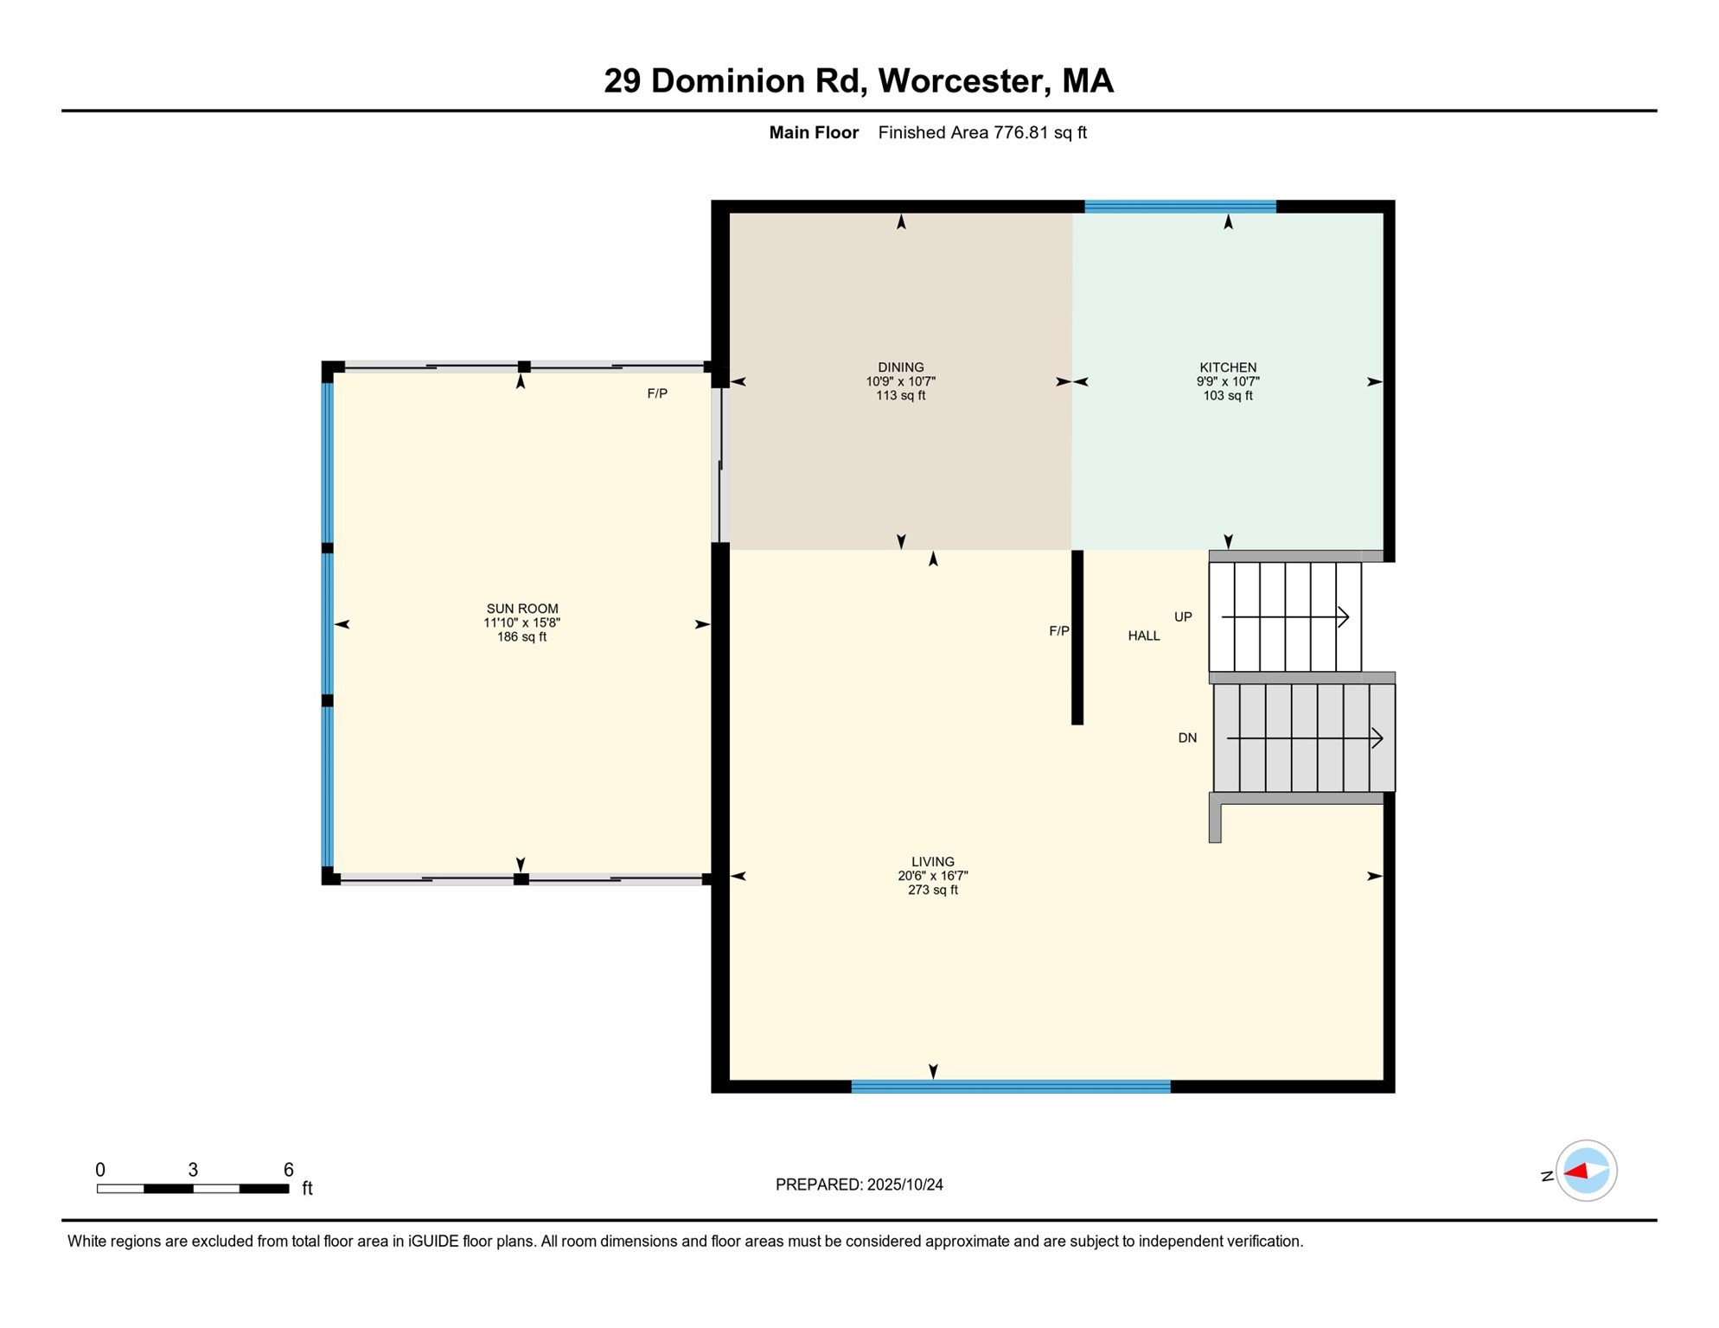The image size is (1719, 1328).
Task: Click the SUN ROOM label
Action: (x=521, y=609)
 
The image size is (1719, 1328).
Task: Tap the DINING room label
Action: (x=900, y=367)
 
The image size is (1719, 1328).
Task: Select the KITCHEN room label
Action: (x=1227, y=367)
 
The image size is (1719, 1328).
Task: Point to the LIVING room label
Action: (x=932, y=862)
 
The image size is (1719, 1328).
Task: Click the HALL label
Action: (x=1143, y=635)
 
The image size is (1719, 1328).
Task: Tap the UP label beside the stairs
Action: (x=1182, y=616)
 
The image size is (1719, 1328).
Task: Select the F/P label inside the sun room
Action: (x=656, y=393)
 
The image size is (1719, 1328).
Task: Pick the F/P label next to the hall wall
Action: (x=1058, y=631)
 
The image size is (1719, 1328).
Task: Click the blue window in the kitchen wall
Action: (x=1179, y=207)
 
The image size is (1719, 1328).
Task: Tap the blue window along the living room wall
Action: (x=1010, y=1087)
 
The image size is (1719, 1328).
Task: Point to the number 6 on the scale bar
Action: (x=288, y=1170)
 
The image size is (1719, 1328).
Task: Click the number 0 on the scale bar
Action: (x=100, y=1170)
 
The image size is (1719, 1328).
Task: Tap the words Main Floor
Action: (x=813, y=132)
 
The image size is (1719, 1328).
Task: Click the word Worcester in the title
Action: (x=964, y=80)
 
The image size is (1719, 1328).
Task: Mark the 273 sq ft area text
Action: (x=932, y=890)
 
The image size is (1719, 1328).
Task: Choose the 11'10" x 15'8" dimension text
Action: (x=521, y=622)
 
